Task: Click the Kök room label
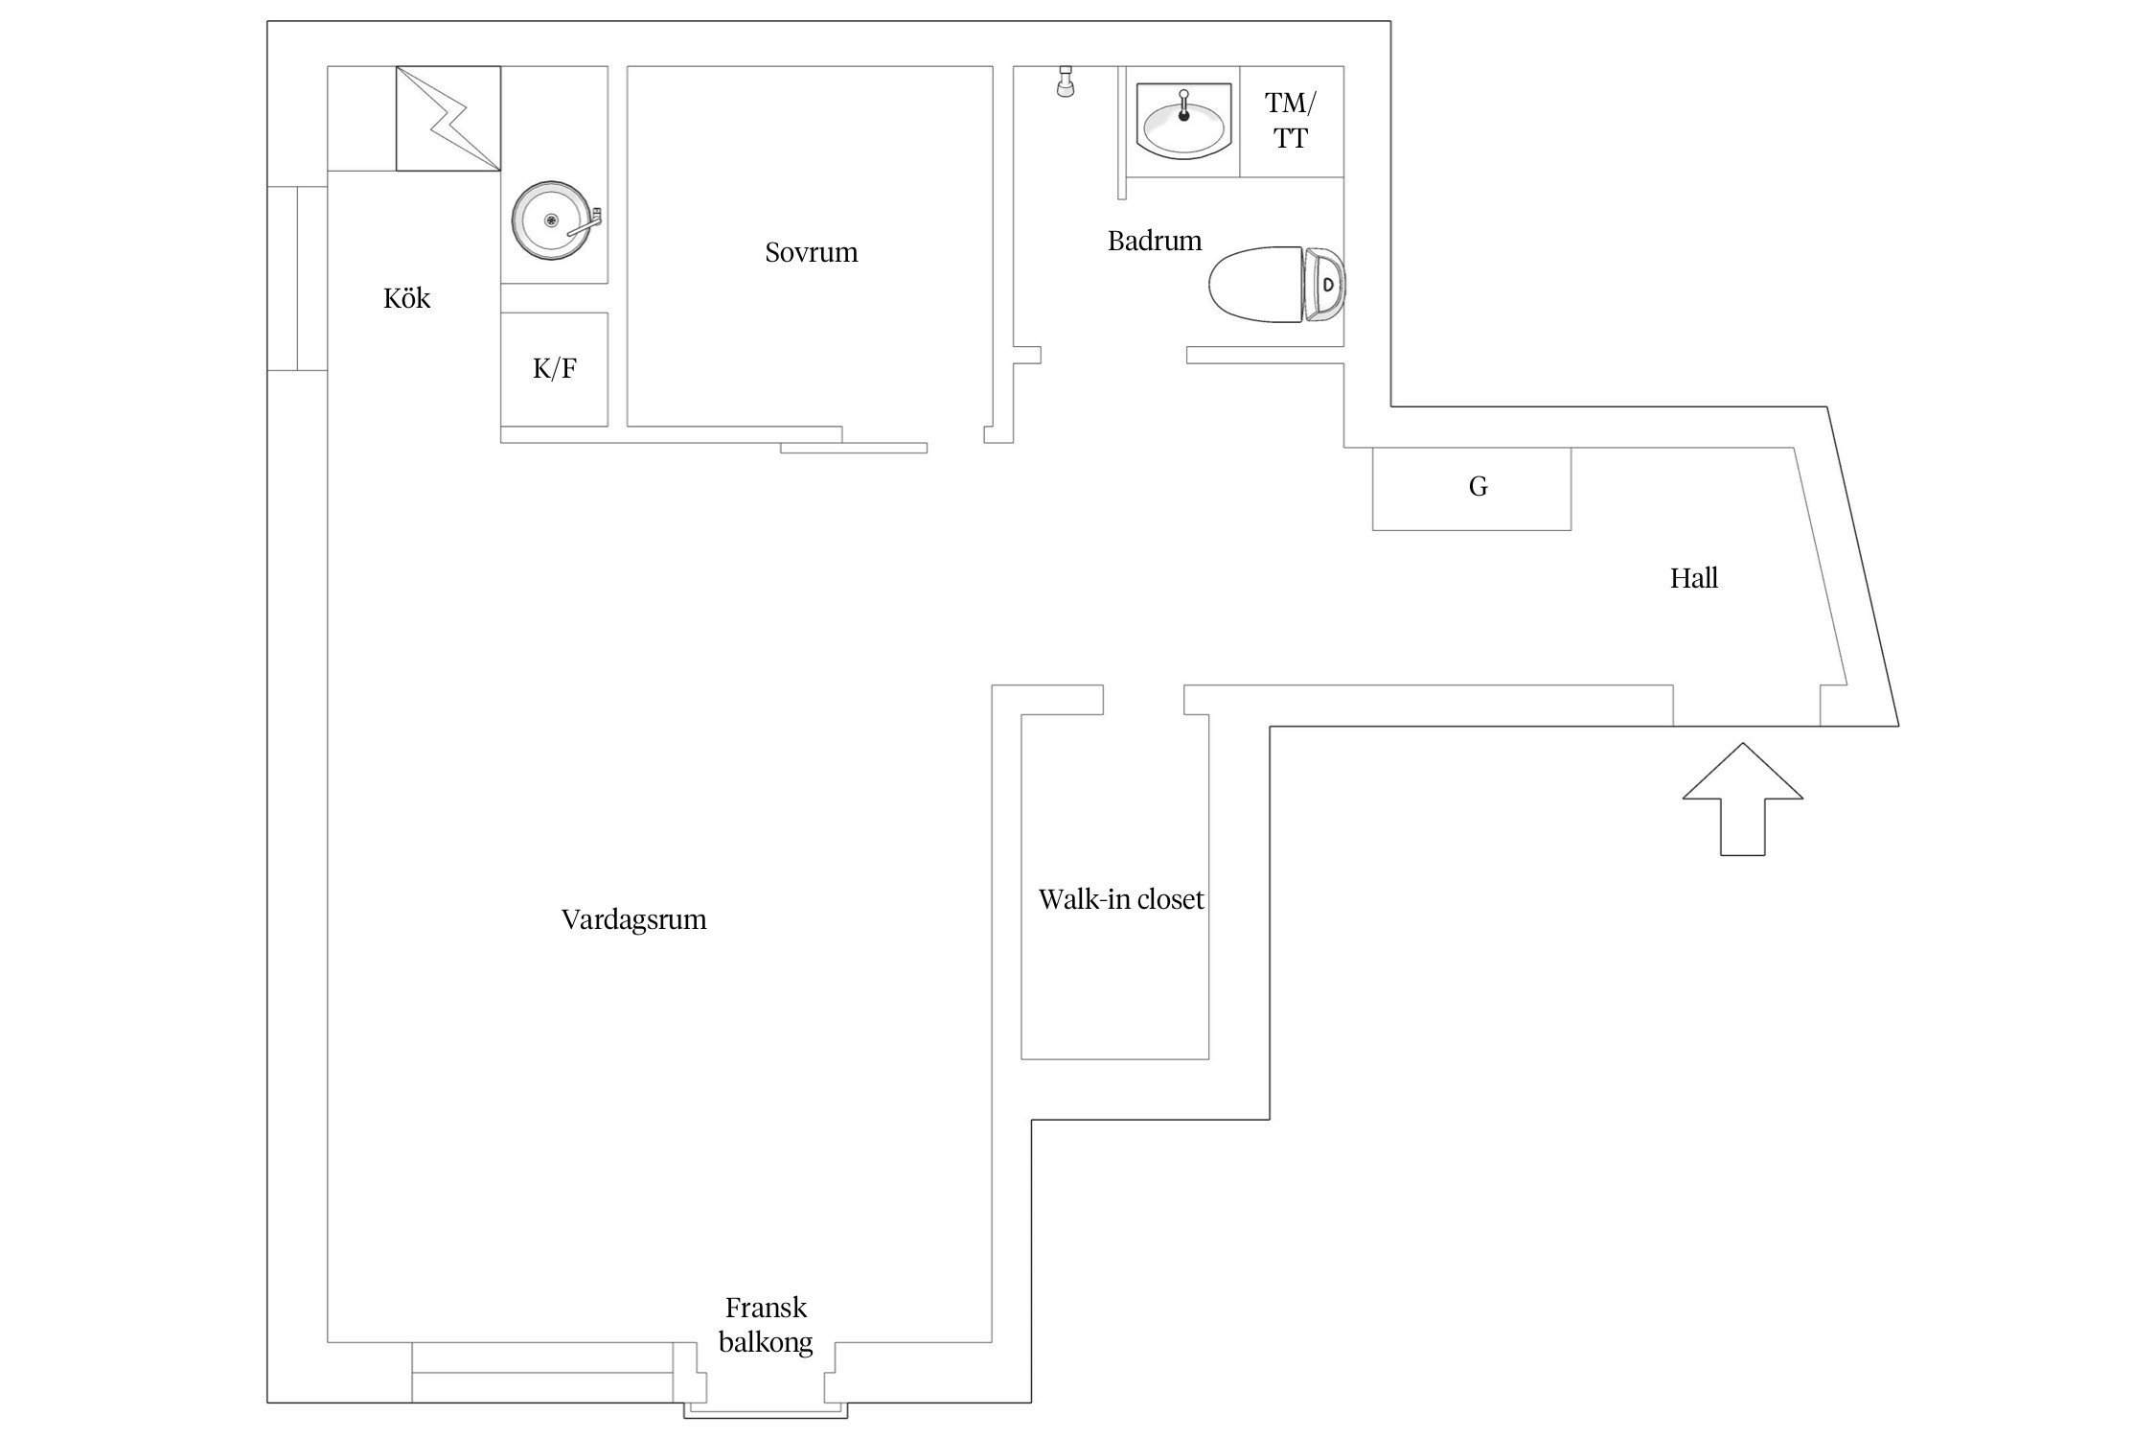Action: click(406, 298)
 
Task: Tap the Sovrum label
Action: click(811, 252)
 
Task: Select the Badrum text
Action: click(1155, 241)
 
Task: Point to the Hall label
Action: click(1693, 578)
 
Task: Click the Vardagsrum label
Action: click(633, 920)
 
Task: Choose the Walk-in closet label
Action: click(1121, 899)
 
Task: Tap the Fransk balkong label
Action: click(766, 1325)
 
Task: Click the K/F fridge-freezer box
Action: click(554, 369)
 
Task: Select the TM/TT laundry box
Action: click(1292, 122)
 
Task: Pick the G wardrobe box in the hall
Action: click(1472, 489)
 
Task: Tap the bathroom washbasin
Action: click(1183, 120)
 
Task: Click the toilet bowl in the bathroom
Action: click(1255, 285)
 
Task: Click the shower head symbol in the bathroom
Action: click(1065, 81)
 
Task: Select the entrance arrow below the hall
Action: click(1743, 800)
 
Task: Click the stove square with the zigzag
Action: click(448, 119)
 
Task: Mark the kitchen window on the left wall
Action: click(297, 278)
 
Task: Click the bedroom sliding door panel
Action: click(854, 448)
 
